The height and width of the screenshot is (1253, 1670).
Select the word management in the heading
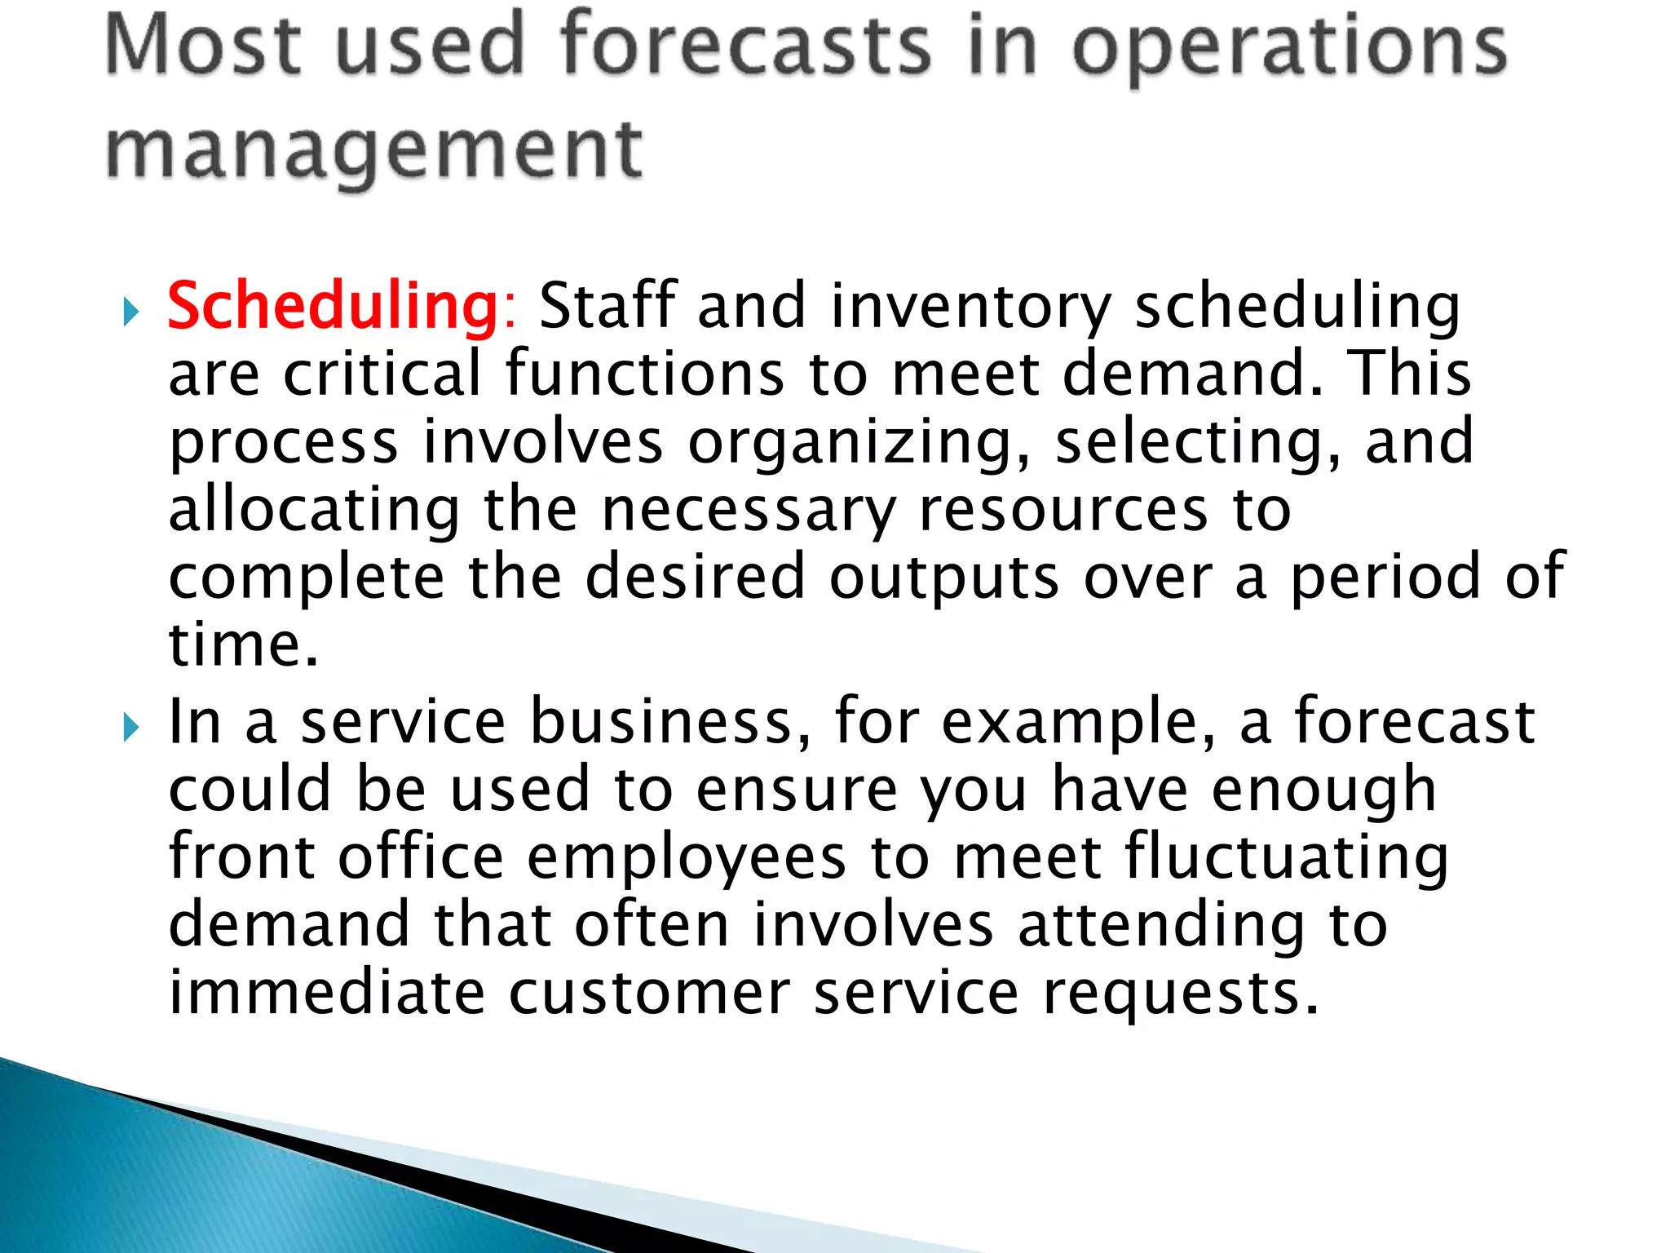click(374, 151)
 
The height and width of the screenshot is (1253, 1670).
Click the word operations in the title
click(1289, 47)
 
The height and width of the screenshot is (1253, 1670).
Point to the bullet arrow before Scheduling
click(130, 312)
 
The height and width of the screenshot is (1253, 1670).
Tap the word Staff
click(607, 307)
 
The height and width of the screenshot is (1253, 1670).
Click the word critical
click(383, 374)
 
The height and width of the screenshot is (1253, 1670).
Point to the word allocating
click(314, 511)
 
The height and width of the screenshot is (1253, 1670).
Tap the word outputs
click(944, 578)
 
